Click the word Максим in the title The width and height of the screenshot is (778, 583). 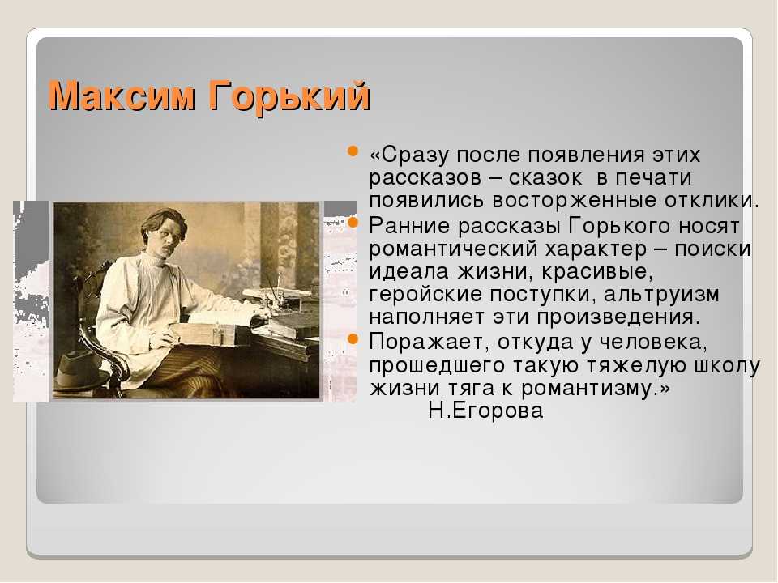pos(122,96)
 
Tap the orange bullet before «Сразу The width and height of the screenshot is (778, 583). pos(353,151)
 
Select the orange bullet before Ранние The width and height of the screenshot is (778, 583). pos(353,223)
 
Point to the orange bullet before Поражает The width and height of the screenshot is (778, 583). pos(353,339)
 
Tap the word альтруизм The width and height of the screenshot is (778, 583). pos(661,295)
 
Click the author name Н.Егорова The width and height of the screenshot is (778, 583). pos(485,411)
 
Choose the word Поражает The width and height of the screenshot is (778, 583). pos(430,342)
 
